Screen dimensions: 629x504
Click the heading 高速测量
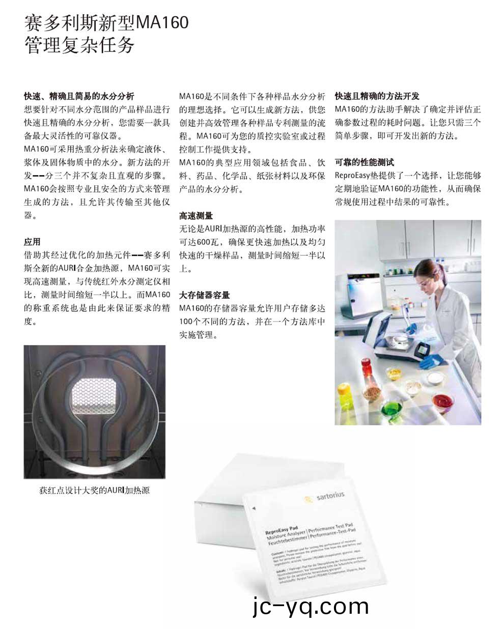coord(196,216)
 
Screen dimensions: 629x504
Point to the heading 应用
coord(32,242)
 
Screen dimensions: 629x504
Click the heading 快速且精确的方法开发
coord(377,96)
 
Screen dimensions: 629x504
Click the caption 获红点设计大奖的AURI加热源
coord(95,491)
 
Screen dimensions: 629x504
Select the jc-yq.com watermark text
coord(310,606)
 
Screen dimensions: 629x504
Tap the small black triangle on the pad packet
coord(253,508)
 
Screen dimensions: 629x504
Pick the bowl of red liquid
coord(442,400)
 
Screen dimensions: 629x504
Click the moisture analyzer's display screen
coord(427,351)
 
